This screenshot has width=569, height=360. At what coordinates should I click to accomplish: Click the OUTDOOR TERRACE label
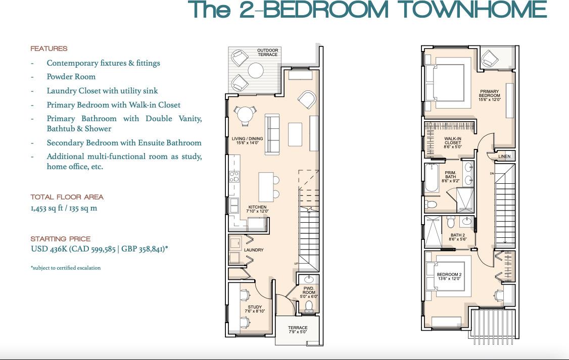coord(267,53)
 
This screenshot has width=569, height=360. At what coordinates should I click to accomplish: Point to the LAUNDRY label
coord(254,250)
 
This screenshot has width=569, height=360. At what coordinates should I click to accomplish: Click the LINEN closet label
coord(504,157)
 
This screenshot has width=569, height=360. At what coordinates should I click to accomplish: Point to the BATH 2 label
coord(457,237)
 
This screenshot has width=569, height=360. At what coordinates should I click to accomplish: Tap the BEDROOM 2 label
coord(449,277)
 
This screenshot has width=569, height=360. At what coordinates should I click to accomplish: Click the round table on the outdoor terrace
coord(256,71)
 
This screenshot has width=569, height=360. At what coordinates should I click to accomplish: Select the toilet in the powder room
coord(309,307)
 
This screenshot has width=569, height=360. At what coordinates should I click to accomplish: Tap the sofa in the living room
coord(272,134)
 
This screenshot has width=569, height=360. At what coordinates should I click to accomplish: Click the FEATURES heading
coord(49,49)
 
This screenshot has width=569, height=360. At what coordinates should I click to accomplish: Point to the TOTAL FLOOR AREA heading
coord(67,197)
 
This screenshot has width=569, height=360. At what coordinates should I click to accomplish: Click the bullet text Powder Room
coord(71,77)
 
